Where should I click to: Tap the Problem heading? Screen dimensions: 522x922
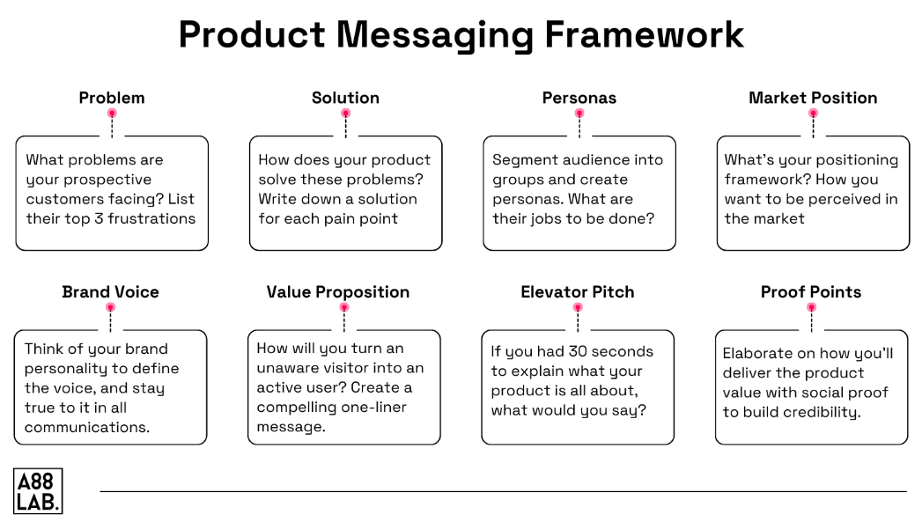pyautogui.click(x=112, y=98)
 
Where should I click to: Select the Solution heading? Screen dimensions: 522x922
pyautogui.click(x=345, y=98)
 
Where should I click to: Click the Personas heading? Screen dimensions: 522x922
pyautogui.click(x=579, y=98)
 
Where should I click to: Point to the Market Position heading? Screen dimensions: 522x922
pyautogui.click(x=813, y=98)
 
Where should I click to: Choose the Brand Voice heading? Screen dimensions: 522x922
pyautogui.click(x=111, y=291)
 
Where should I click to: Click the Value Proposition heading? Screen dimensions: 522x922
pyautogui.click(x=338, y=291)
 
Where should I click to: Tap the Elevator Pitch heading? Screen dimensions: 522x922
pyautogui.click(x=578, y=291)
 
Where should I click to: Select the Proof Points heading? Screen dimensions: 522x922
pyautogui.click(x=811, y=291)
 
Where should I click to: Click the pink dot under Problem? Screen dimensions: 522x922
pyautogui.click(x=112, y=114)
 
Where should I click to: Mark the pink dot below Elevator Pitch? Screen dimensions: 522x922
pyautogui.click(x=578, y=307)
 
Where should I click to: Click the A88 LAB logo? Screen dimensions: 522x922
pyautogui.click(x=39, y=492)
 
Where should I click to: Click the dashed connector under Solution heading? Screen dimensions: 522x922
pyautogui.click(x=345, y=128)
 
